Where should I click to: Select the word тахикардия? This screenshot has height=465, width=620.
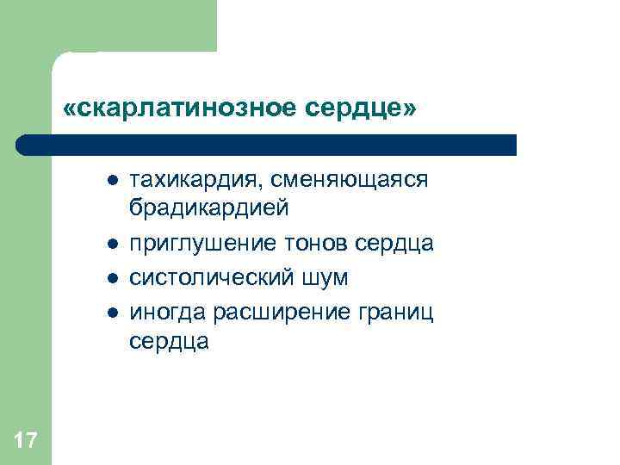tap(195, 179)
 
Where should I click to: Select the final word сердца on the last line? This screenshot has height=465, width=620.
tap(169, 342)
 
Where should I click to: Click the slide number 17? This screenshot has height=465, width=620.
tap(26, 442)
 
